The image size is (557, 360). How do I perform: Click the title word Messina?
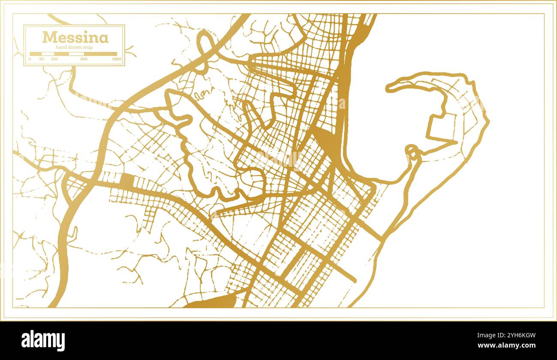[x=75, y=38]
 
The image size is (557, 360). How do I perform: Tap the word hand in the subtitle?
[x=61, y=48]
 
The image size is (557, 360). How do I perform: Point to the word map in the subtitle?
[x=88, y=48]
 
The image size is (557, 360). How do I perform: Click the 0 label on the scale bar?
[x=30, y=59]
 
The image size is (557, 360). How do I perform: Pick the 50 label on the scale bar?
[x=42, y=59]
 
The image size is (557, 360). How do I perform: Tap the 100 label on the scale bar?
[x=54, y=59]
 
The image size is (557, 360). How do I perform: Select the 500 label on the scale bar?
[x=84, y=59]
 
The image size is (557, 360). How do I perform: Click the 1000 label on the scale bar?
[x=116, y=59]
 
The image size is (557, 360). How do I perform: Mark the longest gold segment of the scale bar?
[x=100, y=54]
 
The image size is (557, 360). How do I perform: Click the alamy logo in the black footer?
[x=43, y=341]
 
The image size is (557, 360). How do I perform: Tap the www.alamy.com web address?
[x=506, y=345]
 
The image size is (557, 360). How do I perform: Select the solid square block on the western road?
[x=128, y=180]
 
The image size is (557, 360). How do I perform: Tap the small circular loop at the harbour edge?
[x=412, y=150]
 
